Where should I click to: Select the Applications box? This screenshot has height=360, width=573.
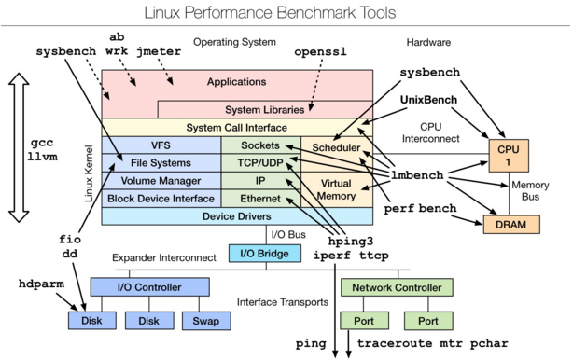coord(236,82)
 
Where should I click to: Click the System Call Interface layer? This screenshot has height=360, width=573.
coord(236,127)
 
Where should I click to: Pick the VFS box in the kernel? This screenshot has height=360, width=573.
coord(160,145)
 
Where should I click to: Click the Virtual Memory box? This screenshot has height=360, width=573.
coord(336,189)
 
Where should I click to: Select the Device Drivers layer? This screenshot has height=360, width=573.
coord(236,216)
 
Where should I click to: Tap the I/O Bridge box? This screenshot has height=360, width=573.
coord(265,253)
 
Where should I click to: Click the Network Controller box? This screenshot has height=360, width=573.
coord(397,287)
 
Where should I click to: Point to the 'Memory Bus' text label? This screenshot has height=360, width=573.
coord(531,191)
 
